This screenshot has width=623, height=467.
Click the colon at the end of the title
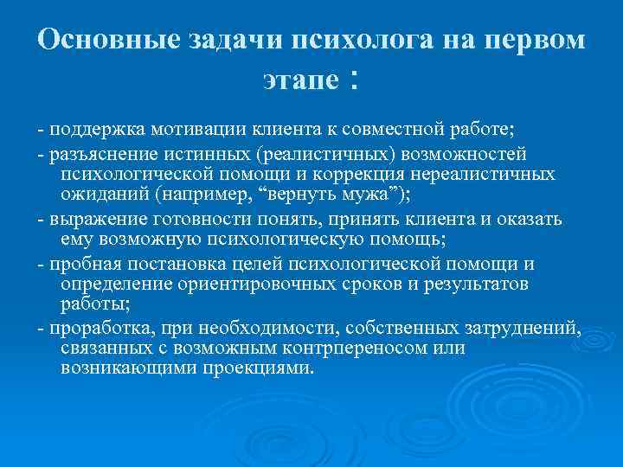click(354, 81)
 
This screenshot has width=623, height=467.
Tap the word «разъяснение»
click(103, 154)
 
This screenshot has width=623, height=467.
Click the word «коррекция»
click(350, 174)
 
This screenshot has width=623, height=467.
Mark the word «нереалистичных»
click(483, 174)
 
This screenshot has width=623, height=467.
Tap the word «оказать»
click(527, 218)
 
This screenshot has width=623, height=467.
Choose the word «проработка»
click(97, 328)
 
